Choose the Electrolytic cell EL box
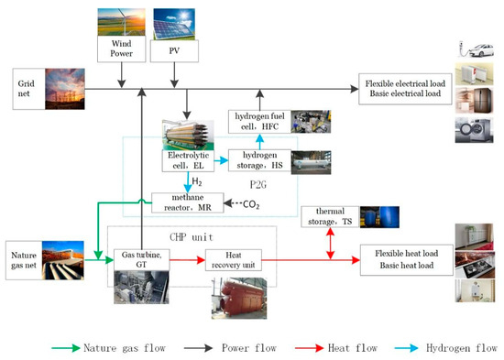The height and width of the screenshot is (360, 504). click(189, 161)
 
